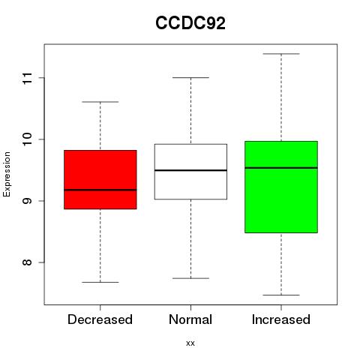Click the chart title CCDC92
coord(190,23)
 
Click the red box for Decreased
coord(100,179)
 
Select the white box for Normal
coord(190,172)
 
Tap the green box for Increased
coord(281,187)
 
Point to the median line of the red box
coord(100,190)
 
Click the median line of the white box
coord(190,170)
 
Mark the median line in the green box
coord(281,168)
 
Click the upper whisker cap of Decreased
coord(100,102)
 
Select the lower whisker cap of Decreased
coord(100,282)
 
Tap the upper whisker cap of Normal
coord(190,77)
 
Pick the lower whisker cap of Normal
coord(190,278)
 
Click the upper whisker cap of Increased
coord(281,54)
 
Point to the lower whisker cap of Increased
coord(281,295)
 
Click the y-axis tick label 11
coord(28,78)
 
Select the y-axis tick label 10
coord(28,139)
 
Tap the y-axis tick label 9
coord(28,201)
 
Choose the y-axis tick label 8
coord(28,262)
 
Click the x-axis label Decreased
coord(100,319)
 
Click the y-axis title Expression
coord(7,174)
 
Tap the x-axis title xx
coord(190,343)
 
